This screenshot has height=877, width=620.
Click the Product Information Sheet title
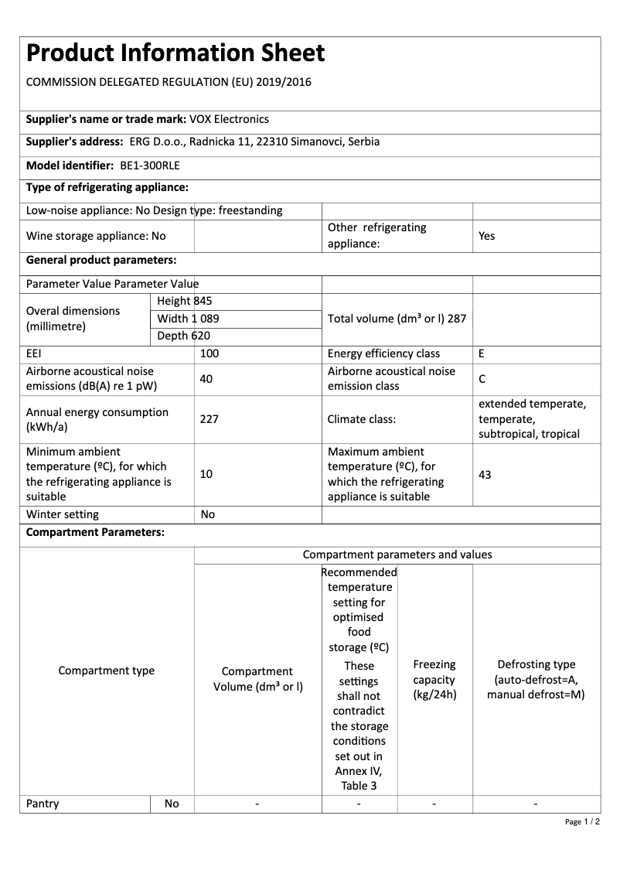click(x=175, y=53)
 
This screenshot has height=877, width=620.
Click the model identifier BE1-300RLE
click(x=150, y=166)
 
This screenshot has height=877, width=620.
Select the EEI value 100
click(x=210, y=353)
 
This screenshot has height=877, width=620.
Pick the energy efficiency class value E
click(x=482, y=353)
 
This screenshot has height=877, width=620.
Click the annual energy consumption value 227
click(x=210, y=419)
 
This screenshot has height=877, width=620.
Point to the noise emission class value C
click(x=482, y=380)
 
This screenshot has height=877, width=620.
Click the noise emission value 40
click(x=206, y=379)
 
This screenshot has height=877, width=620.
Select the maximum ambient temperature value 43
click(x=485, y=474)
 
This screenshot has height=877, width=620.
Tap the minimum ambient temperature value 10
click(x=206, y=474)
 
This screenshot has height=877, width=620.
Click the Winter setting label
click(x=63, y=514)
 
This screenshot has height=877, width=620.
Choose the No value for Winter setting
click(x=208, y=514)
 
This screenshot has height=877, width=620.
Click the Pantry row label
click(x=43, y=804)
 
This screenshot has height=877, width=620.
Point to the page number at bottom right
click(x=582, y=821)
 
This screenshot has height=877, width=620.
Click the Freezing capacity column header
click(x=434, y=680)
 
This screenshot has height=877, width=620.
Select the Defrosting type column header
click(x=536, y=680)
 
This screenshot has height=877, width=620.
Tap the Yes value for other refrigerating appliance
click(x=486, y=236)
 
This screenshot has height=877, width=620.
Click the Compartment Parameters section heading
click(x=95, y=533)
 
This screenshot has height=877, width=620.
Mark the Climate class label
click(x=362, y=419)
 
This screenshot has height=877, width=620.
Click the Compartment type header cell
click(x=107, y=671)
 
